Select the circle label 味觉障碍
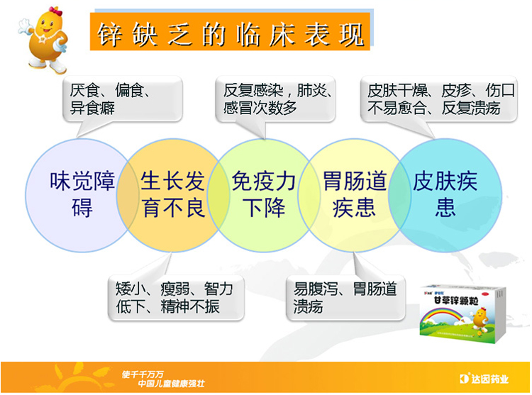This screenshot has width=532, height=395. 72,193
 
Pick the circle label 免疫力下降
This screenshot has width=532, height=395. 264,193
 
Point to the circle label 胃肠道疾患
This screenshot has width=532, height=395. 355,193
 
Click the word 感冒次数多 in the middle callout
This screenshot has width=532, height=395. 260,109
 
